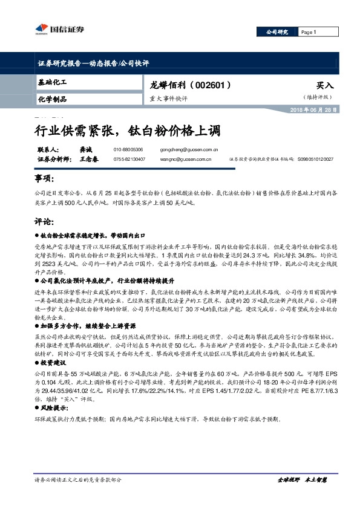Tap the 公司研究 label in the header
(278, 31)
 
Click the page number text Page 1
(309, 32)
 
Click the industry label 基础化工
(51, 82)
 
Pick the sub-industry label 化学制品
(51, 99)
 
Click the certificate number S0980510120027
(315, 160)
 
